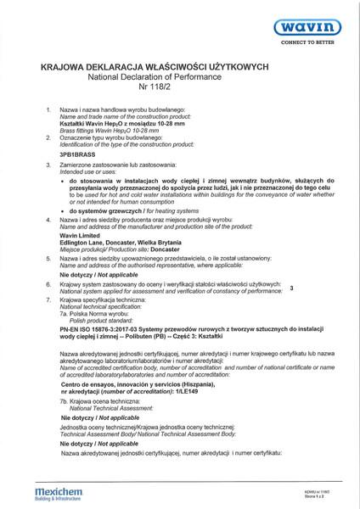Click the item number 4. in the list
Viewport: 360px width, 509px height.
[51, 219]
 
